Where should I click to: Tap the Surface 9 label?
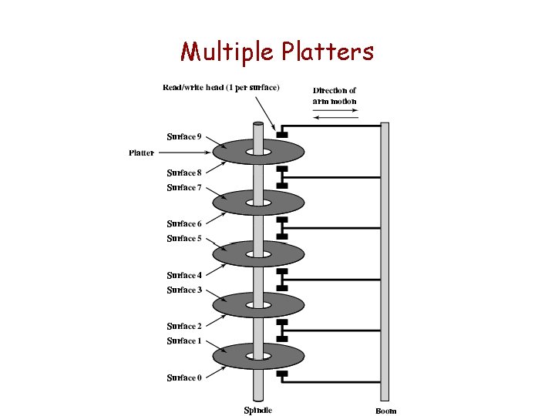click(x=184, y=137)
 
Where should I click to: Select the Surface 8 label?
click(x=184, y=173)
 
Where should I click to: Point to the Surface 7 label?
click(x=184, y=187)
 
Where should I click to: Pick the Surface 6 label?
click(x=184, y=223)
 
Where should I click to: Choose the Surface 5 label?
click(x=184, y=238)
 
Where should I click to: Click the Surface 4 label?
click(x=184, y=275)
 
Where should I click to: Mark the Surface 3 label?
click(x=184, y=290)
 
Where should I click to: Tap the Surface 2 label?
click(x=184, y=326)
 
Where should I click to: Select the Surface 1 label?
click(x=184, y=341)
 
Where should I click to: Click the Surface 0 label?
click(x=184, y=377)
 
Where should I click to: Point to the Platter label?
click(x=141, y=153)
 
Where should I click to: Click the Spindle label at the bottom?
click(x=258, y=410)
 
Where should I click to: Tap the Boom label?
click(x=386, y=411)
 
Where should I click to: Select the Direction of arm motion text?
click(x=335, y=96)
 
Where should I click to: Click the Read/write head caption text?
click(x=221, y=86)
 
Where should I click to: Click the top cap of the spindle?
click(x=258, y=123)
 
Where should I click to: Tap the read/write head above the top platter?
click(x=282, y=135)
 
